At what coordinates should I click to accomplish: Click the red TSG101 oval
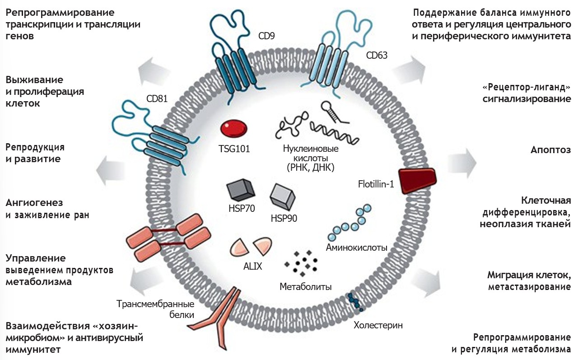[x=234, y=129]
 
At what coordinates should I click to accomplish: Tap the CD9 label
[x=266, y=36]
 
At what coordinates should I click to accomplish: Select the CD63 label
[x=377, y=55]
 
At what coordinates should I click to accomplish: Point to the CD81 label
[x=157, y=98]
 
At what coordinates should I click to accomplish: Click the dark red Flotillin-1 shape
[x=418, y=180]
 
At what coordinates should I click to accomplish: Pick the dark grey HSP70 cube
[x=241, y=190]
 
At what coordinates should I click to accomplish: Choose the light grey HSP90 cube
[x=283, y=196]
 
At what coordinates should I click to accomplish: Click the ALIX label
[x=252, y=266]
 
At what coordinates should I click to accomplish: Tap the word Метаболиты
[x=306, y=287]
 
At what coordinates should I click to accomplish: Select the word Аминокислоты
[x=357, y=248]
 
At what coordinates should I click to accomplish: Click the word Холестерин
[x=378, y=325]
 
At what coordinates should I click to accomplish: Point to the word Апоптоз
[x=550, y=150]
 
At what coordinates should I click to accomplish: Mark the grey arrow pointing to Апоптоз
[x=462, y=163]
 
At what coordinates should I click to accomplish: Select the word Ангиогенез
[x=34, y=203]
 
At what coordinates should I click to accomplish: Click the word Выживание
[x=34, y=80]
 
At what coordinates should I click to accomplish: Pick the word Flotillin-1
[x=376, y=184]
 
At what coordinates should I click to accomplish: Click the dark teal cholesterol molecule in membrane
[x=355, y=302]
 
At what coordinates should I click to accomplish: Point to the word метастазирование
[x=529, y=287]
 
